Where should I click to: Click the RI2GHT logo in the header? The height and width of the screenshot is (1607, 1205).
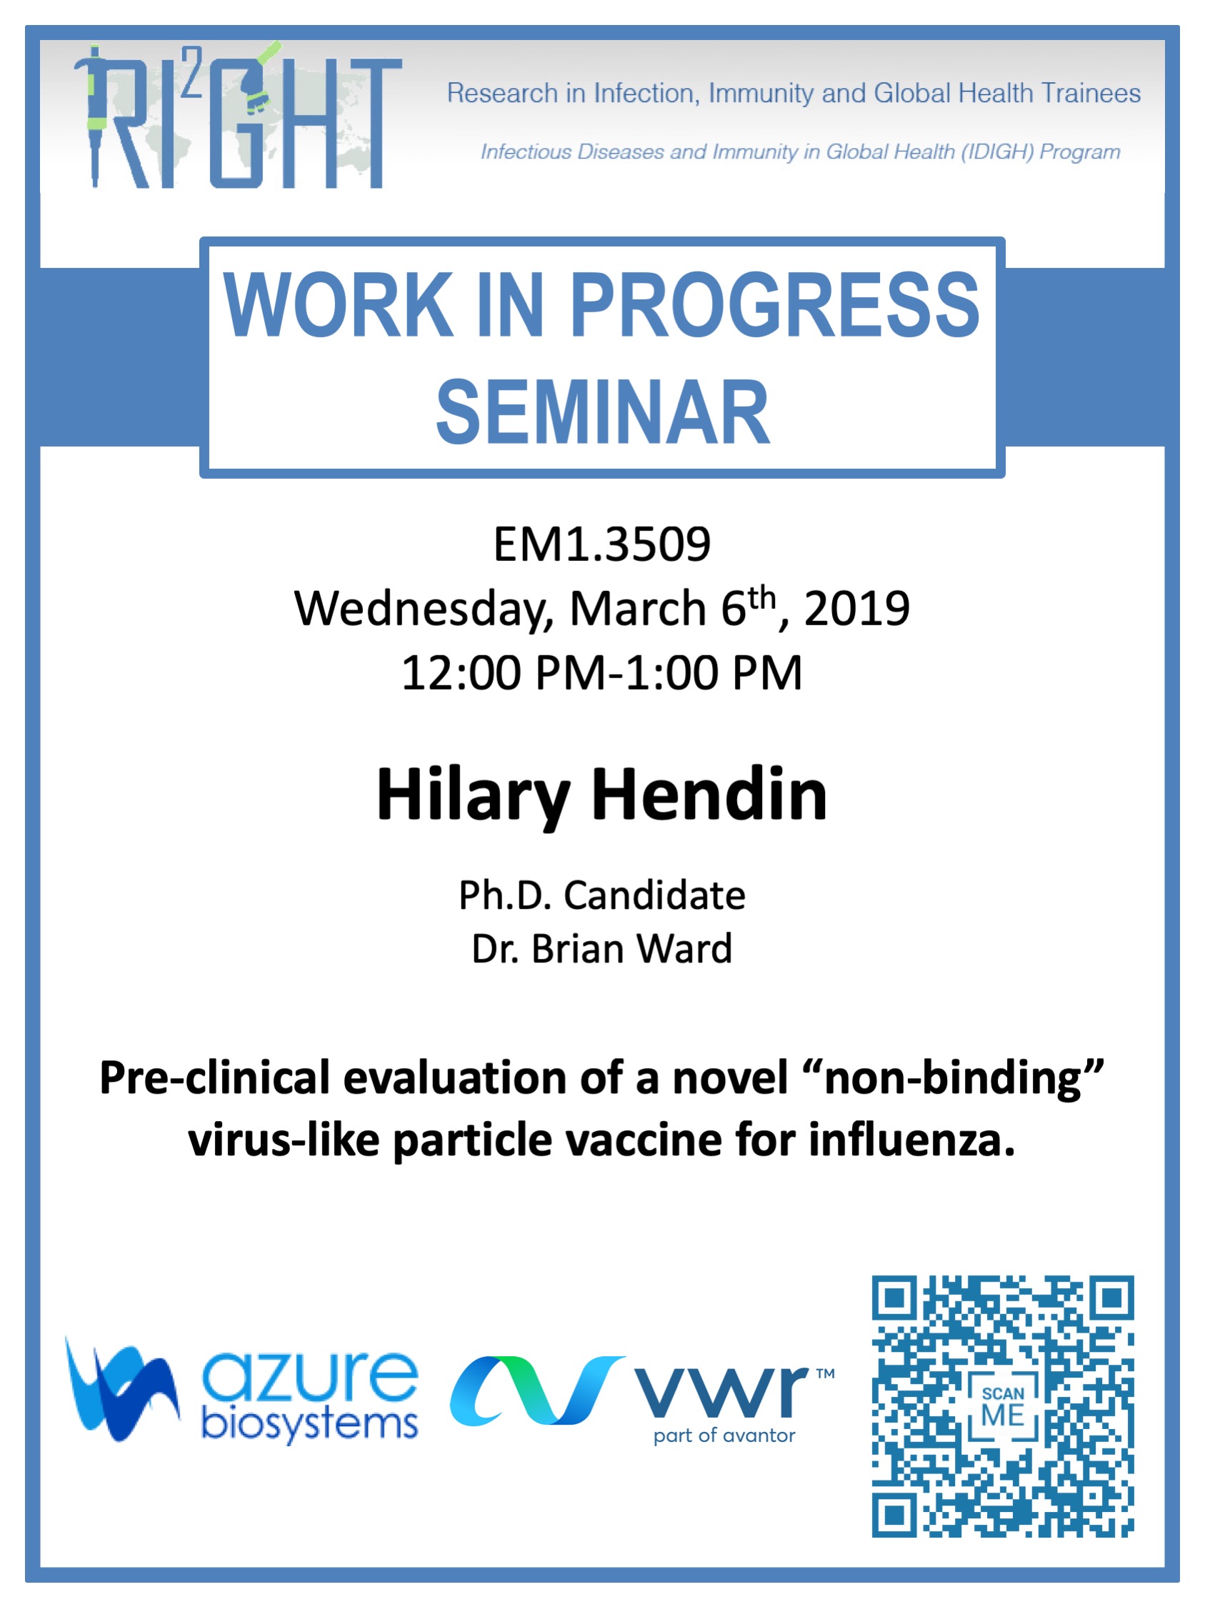coord(239,116)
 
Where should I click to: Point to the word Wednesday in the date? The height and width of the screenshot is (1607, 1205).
coord(424,609)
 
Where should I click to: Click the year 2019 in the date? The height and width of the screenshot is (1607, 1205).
coord(856,608)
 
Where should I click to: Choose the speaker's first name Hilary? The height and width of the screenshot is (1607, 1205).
coord(473,796)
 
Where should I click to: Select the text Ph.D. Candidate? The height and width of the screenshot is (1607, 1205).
coord(602,895)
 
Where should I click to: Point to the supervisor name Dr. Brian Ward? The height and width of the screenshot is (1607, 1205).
coord(602,949)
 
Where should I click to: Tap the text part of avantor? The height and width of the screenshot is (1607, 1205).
coord(724,1436)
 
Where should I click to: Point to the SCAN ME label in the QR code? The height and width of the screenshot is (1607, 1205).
coord(1003,1406)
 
